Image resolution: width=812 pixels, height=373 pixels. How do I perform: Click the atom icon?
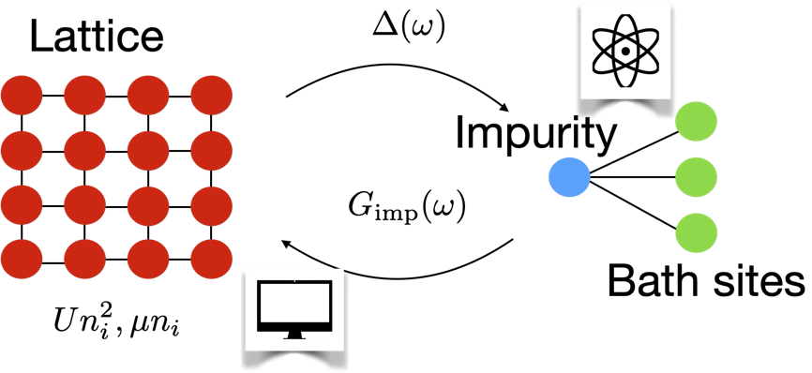622,52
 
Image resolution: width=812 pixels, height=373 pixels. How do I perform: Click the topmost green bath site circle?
696,122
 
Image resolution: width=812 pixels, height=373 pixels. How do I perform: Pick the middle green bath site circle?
696,174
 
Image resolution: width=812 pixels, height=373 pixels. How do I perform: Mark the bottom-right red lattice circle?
212,254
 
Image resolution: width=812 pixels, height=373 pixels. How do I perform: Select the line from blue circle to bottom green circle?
630,201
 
